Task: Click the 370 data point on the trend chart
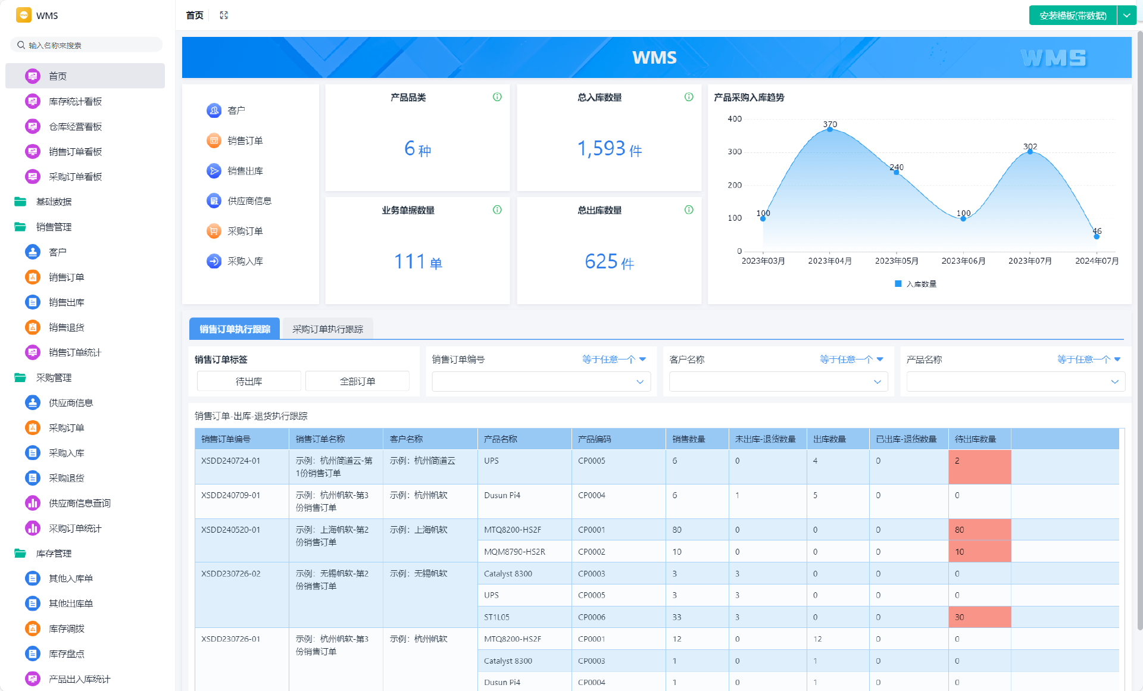830,129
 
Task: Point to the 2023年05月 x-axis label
897,261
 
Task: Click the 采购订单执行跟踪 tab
327,329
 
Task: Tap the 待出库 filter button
249,382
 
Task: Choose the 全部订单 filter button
357,382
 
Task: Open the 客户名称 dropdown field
778,382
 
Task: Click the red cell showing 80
979,530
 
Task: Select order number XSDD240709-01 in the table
230,495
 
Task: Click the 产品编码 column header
595,439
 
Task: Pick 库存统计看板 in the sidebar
75,102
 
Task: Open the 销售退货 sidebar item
67,327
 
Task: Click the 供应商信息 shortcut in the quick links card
249,201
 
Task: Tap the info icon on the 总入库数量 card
689,97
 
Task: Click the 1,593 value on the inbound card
601,148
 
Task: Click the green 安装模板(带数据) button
1073,15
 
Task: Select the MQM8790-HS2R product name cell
514,552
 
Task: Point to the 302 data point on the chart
1030,152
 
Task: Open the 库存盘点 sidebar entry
67,654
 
